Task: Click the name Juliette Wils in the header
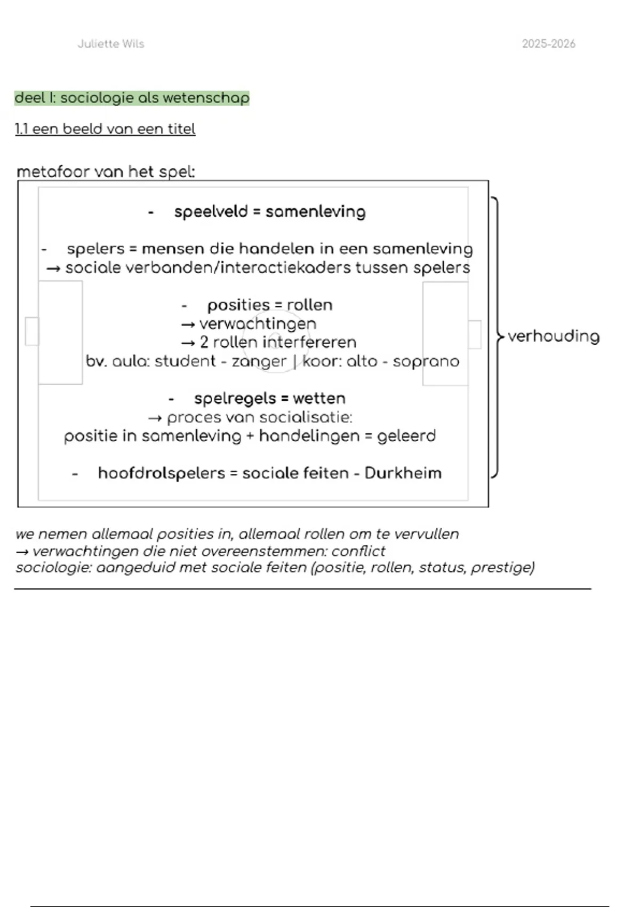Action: [111, 44]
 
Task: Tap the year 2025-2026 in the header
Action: [548, 44]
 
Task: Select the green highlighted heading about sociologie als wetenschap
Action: [132, 98]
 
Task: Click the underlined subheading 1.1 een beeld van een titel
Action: [105, 129]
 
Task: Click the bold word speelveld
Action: [211, 212]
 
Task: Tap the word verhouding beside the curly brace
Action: [554, 336]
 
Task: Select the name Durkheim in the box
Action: [403, 473]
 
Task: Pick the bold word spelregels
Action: [235, 399]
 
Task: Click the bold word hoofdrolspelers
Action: [161, 473]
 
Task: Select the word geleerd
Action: [406, 436]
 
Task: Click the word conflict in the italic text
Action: [358, 551]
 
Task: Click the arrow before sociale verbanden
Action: [53, 268]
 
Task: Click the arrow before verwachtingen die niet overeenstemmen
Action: [22, 551]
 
